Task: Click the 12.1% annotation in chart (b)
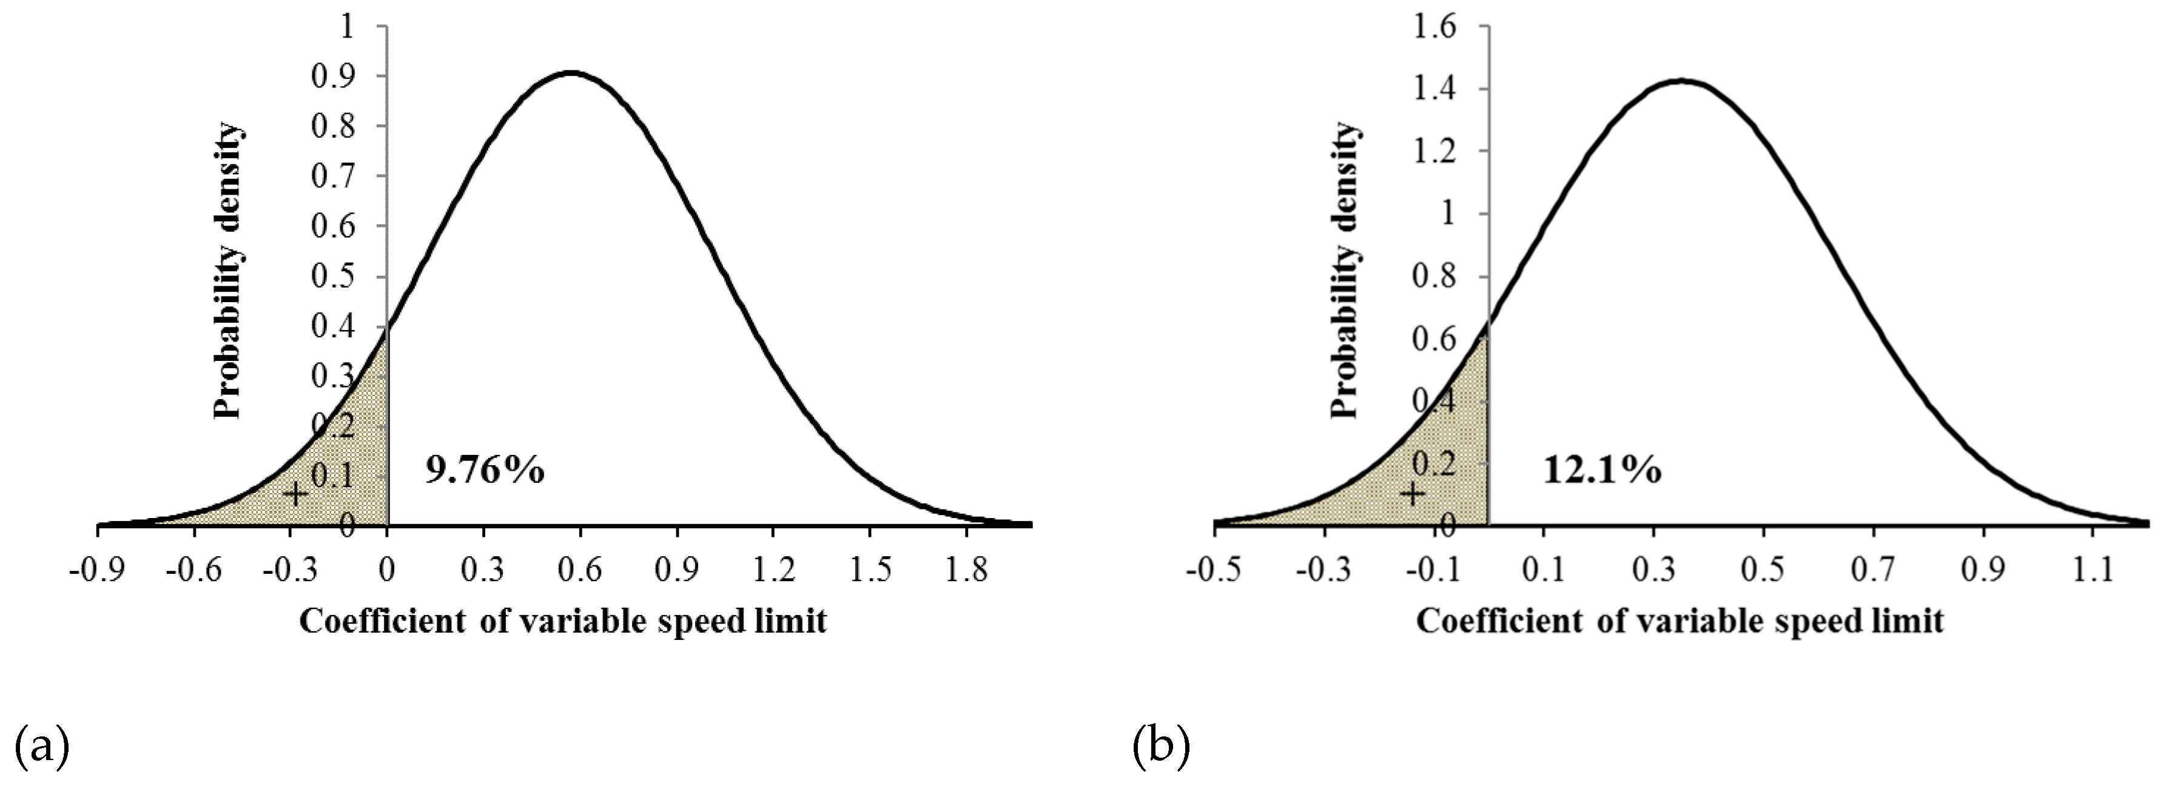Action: pyautogui.click(x=1602, y=470)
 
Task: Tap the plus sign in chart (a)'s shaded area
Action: pyautogui.click(x=294, y=493)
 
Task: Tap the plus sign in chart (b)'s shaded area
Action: pyautogui.click(x=1413, y=493)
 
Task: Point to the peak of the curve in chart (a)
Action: pyautogui.click(x=571, y=73)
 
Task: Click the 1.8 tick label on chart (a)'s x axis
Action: pyautogui.click(x=967, y=571)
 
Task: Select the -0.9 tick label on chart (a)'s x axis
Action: pyautogui.click(x=98, y=571)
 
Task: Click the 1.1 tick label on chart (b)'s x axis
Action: pyautogui.click(x=2093, y=571)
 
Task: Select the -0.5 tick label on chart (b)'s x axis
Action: pyautogui.click(x=1213, y=571)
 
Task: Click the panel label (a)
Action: pyautogui.click(x=41, y=746)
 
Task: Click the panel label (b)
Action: pyautogui.click(x=1160, y=746)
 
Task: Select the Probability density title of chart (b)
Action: pyautogui.click(x=1345, y=271)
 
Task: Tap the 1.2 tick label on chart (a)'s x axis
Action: pyautogui.click(x=773, y=571)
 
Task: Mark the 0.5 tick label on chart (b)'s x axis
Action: pyautogui.click(x=1763, y=571)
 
